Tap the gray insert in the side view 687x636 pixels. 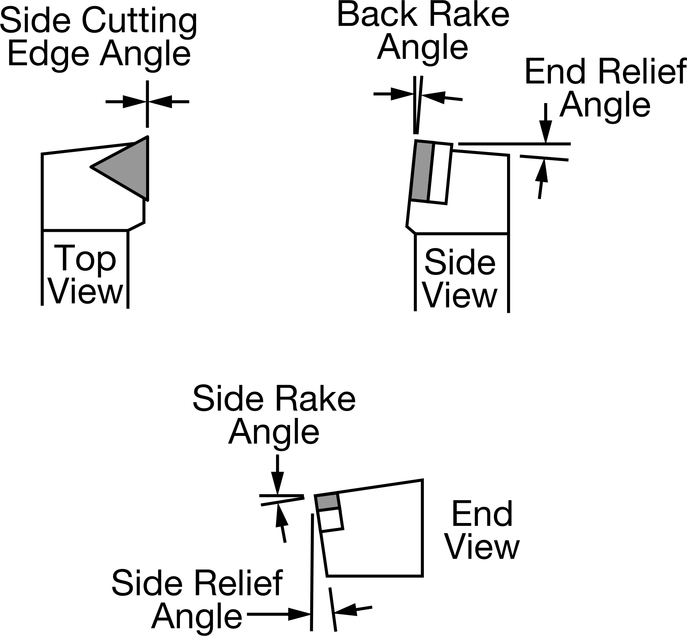tap(421, 171)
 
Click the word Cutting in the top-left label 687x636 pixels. tap(140, 21)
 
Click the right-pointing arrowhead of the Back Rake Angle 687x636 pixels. tap(402, 94)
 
